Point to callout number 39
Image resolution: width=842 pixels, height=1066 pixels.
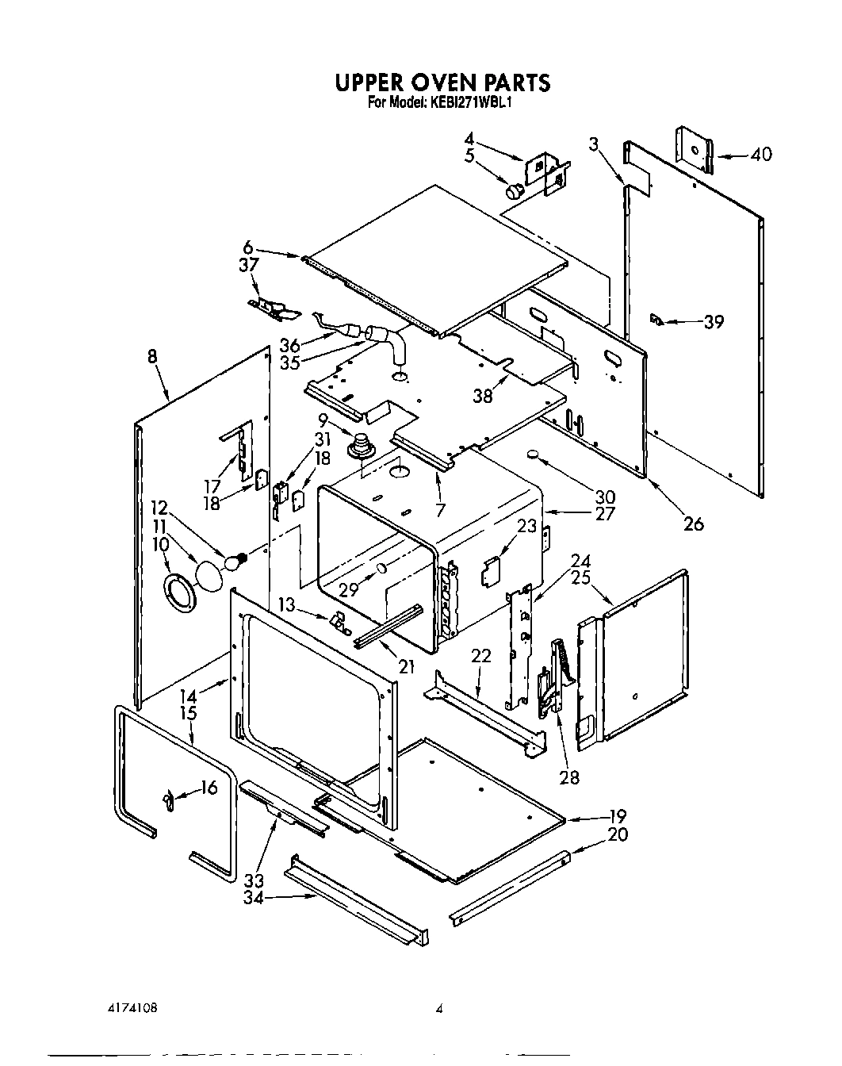(714, 321)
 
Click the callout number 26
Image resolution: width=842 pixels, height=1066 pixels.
(693, 523)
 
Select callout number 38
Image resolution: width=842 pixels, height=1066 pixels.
(483, 396)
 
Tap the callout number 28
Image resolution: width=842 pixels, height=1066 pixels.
(568, 776)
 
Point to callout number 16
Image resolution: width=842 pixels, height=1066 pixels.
(209, 787)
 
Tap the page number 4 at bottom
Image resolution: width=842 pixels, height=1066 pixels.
(438, 1010)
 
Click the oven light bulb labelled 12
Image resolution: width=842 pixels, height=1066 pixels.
(235, 562)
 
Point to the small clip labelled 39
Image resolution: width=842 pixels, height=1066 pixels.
(655, 319)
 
